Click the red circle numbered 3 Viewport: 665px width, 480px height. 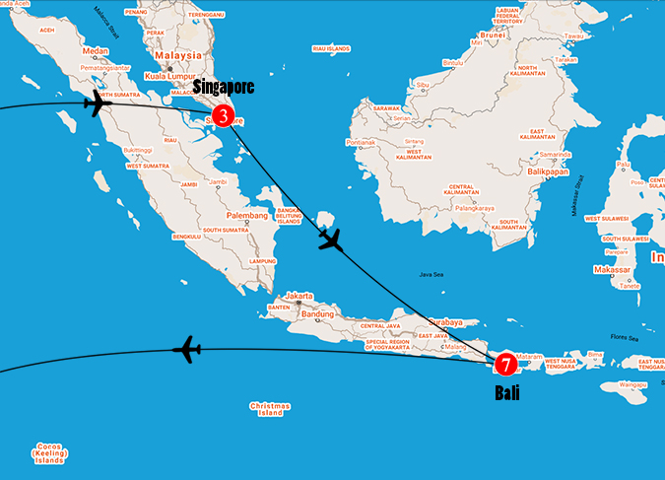pyautogui.click(x=224, y=116)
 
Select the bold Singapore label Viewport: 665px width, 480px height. pyautogui.click(x=224, y=88)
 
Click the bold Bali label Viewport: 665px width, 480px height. pyautogui.click(x=507, y=392)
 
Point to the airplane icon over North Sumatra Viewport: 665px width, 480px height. pyautogui.click(x=99, y=103)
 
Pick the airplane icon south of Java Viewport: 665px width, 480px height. pyautogui.click(x=186, y=348)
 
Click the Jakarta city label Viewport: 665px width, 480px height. pyautogui.click(x=299, y=296)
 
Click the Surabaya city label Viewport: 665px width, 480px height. pyautogui.click(x=458, y=321)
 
